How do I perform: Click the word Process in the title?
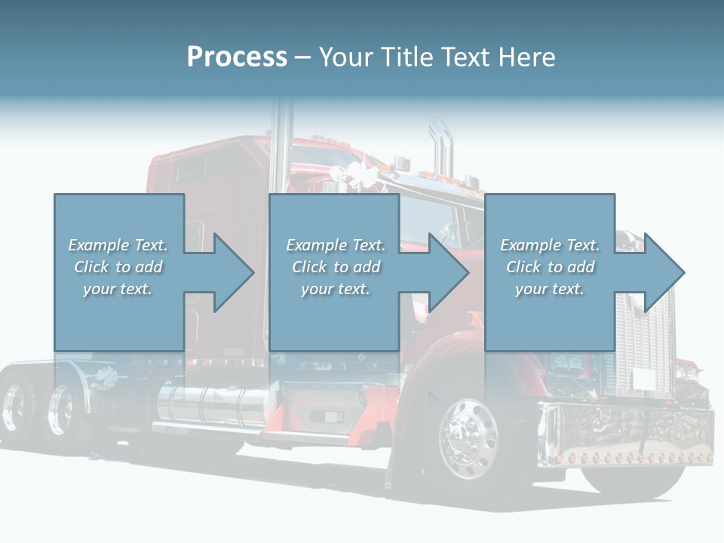[237, 57]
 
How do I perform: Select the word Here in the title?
[526, 57]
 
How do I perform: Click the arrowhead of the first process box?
[234, 272]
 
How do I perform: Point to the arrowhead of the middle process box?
[449, 272]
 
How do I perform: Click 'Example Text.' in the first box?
[118, 244]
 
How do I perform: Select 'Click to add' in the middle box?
[336, 267]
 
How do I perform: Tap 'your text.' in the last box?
[550, 289]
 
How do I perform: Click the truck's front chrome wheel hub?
[468, 439]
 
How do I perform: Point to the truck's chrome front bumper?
[626, 434]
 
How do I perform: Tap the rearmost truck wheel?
[15, 406]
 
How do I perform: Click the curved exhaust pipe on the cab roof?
[442, 148]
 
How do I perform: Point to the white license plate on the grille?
[643, 379]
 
